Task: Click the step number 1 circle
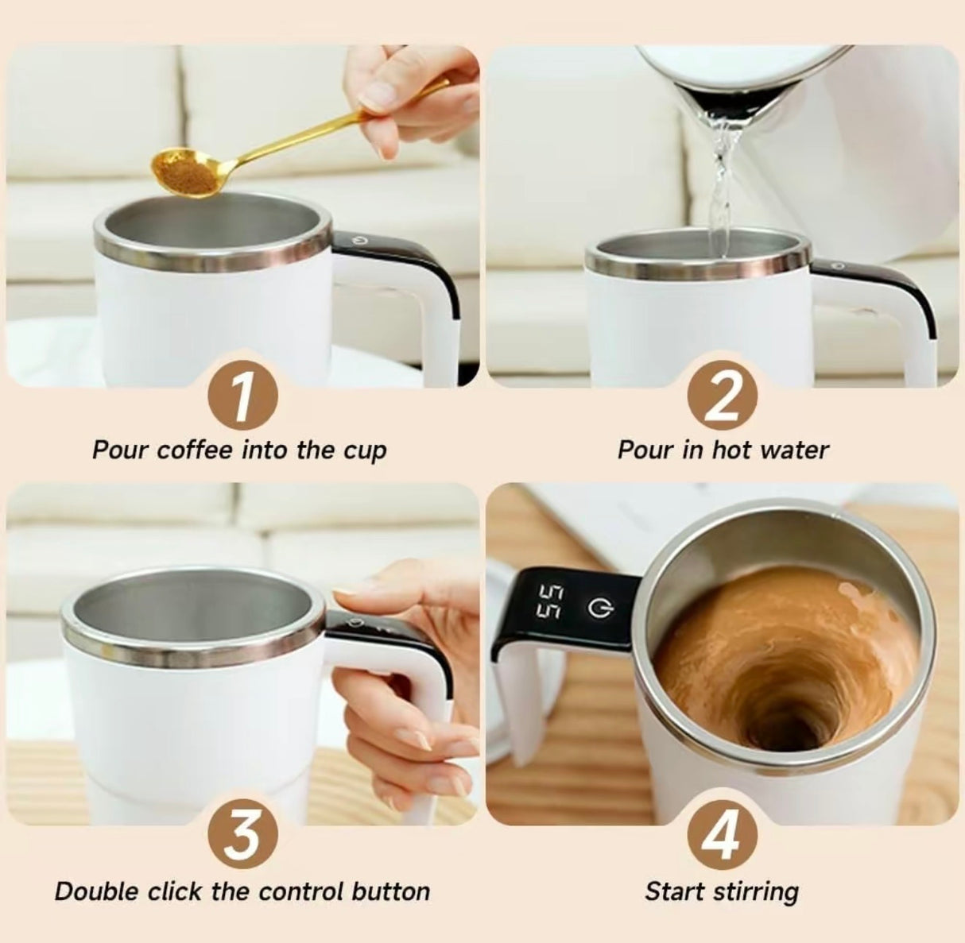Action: coord(242,396)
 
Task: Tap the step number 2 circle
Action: coord(723,396)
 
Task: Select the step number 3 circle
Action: coord(242,837)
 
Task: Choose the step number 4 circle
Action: coord(723,837)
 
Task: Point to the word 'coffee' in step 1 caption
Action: coord(195,450)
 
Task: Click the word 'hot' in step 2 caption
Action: coord(731,450)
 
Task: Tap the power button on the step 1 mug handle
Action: coord(355,237)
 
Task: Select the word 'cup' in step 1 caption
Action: coord(365,451)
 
